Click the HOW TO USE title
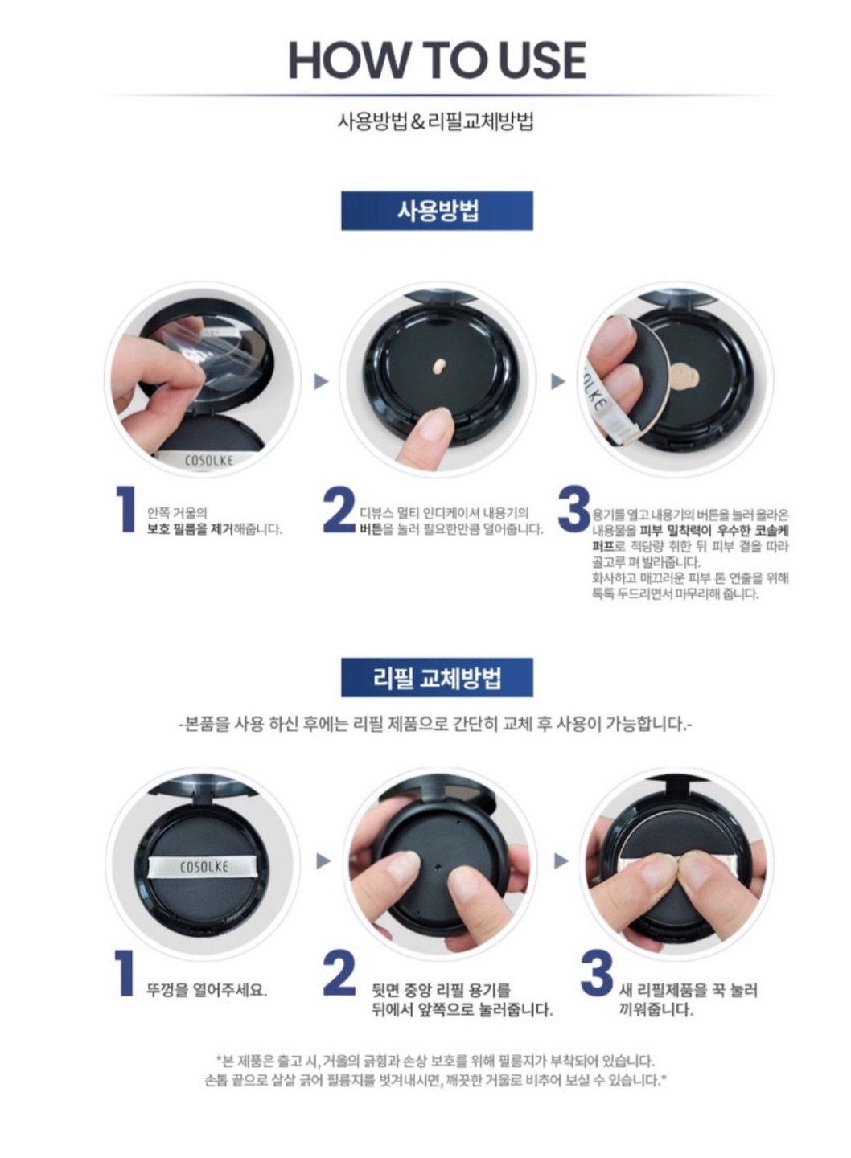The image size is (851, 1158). point(437,60)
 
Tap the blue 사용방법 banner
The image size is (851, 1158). point(437,211)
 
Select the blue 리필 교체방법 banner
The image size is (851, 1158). point(437,677)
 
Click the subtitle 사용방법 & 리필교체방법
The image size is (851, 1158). point(435,123)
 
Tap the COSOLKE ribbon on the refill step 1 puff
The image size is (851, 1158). point(203,866)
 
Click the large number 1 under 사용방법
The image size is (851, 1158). point(125,509)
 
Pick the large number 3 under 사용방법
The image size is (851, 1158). point(574,509)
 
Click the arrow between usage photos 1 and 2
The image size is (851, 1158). point(321,383)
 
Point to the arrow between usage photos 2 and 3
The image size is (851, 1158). point(558,383)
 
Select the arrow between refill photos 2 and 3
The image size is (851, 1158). point(561,861)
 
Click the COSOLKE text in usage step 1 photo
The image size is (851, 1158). point(209,461)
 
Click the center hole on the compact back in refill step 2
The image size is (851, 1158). point(438,864)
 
